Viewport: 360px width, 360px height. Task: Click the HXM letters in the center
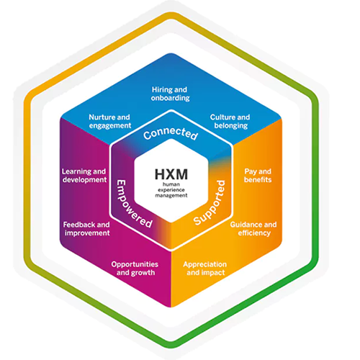(x=171, y=174)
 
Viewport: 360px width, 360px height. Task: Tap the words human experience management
(x=171, y=190)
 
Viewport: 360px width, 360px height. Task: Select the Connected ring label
(x=171, y=134)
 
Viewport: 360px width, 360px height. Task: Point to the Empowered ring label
(x=134, y=204)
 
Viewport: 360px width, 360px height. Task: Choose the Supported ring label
(x=210, y=203)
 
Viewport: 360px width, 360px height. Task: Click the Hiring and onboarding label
(x=170, y=94)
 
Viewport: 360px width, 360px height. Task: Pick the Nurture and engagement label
(x=110, y=122)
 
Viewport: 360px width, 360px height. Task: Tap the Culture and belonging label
(x=230, y=121)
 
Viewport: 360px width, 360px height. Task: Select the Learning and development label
(x=84, y=176)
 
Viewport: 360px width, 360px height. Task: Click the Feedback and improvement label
(x=86, y=229)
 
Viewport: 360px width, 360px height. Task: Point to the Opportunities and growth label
(x=135, y=269)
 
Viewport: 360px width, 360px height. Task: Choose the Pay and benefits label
(x=258, y=176)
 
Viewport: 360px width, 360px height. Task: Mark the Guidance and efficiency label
(x=253, y=229)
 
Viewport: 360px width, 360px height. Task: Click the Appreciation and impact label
(x=205, y=269)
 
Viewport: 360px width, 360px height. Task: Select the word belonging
(x=231, y=126)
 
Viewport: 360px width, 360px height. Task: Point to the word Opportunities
(x=135, y=265)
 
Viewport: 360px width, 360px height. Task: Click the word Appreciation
(x=205, y=265)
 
